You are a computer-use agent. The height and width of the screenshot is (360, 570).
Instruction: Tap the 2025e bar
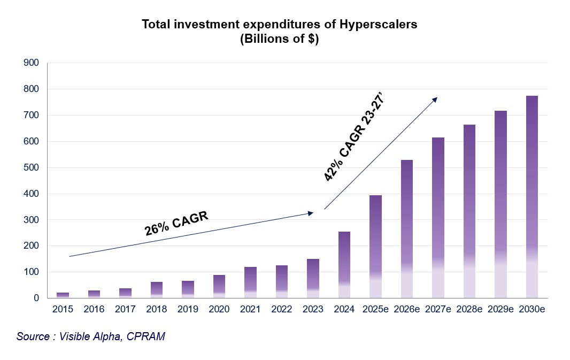pos(375,247)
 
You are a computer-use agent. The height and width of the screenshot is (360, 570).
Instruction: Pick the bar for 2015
pos(63,295)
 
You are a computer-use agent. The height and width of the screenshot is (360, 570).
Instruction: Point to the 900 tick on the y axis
pos(32,63)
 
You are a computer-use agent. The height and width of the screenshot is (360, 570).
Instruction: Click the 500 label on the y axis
pos(32,167)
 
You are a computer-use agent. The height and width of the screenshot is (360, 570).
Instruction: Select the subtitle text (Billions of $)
pos(280,40)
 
